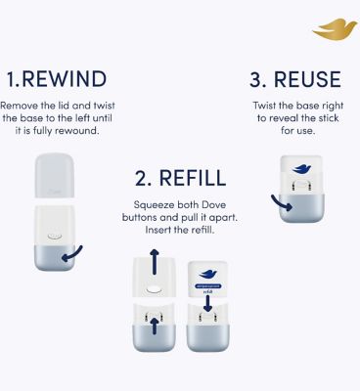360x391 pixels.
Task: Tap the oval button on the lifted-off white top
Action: point(154,290)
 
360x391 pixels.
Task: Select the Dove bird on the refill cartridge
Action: point(209,275)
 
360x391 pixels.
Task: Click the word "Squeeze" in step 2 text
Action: point(157,204)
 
